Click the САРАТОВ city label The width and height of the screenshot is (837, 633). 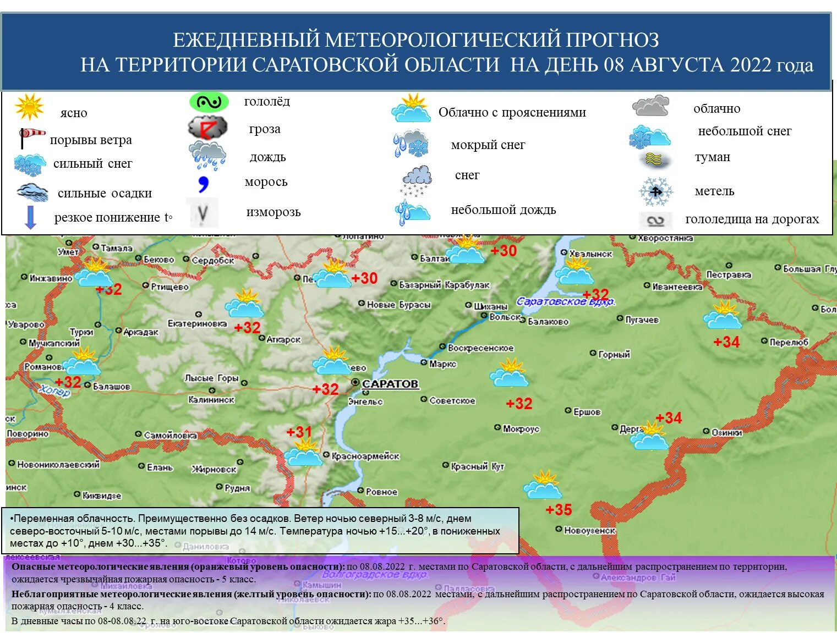[390, 384]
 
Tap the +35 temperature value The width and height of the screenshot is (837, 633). [559, 510]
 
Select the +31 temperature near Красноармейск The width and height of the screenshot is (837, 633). [299, 432]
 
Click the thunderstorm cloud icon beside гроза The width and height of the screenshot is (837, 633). [207, 128]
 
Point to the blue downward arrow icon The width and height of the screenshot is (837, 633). [31, 217]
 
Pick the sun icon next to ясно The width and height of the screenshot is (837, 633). [30, 107]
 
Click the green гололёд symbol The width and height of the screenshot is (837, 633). [209, 102]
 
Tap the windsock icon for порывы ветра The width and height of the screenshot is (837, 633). [32, 137]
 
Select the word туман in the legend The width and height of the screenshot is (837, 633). [712, 157]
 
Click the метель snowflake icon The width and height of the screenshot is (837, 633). [655, 191]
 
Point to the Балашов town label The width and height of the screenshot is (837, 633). [112, 386]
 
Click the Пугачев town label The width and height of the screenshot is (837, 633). [642, 320]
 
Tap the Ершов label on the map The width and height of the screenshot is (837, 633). [587, 412]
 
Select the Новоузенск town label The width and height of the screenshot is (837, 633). [589, 530]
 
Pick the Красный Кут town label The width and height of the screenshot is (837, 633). [477, 466]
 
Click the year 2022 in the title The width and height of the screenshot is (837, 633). [751, 65]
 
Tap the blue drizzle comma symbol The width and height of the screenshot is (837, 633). [204, 184]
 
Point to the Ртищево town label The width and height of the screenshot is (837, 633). [169, 287]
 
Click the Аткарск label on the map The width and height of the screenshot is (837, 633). [283, 339]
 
